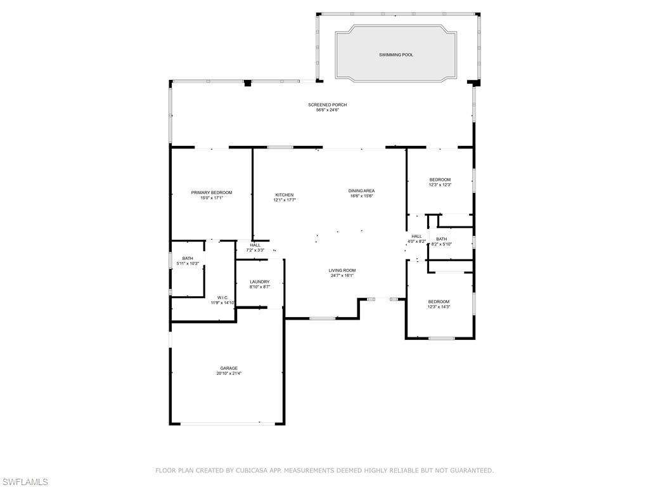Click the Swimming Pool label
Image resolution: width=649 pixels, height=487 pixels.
coord(396,55)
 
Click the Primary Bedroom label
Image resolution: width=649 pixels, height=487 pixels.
coord(212,192)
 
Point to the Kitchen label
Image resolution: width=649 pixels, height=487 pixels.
coord(284,195)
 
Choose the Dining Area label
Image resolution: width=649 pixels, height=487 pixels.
coord(361,190)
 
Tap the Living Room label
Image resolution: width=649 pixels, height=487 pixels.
coord(342,270)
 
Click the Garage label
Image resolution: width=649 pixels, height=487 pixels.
coord(229,368)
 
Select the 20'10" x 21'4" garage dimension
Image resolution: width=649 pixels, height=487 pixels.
coord(229,373)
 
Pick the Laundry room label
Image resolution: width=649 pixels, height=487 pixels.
coord(260,282)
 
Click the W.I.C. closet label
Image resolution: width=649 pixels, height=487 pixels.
coord(222,297)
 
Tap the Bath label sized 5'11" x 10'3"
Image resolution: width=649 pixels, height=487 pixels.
coord(188,258)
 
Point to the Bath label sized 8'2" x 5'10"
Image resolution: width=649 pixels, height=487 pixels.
coord(441,239)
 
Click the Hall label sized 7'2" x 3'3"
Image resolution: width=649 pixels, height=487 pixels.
coord(255,245)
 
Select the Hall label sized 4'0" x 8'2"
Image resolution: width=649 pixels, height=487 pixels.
coord(416,236)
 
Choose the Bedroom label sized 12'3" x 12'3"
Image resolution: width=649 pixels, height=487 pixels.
coord(440,179)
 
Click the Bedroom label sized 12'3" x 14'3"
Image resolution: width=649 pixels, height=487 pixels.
coord(439,301)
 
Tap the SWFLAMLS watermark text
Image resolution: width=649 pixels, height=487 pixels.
coord(25,482)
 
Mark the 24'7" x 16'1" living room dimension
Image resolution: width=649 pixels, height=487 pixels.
coord(342,276)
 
